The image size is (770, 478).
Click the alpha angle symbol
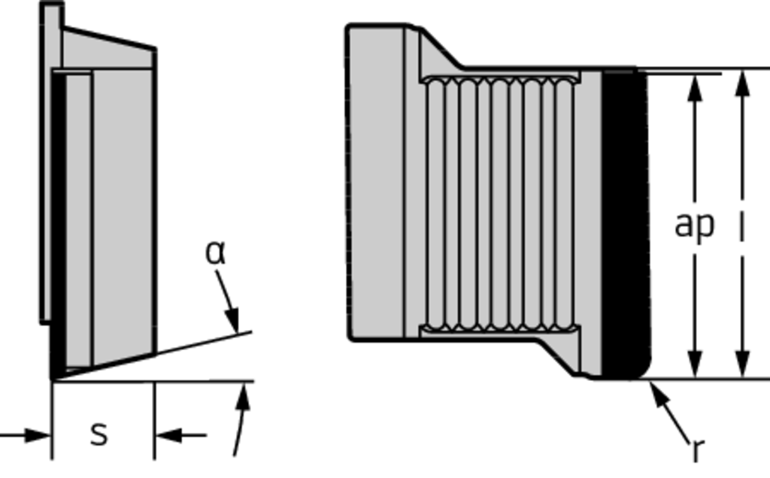(x=215, y=254)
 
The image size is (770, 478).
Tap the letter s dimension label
(x=99, y=434)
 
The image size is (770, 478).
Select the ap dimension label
(x=693, y=224)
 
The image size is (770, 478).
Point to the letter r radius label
(x=698, y=449)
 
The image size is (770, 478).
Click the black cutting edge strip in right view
(x=623, y=225)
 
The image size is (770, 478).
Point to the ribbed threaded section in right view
(x=499, y=203)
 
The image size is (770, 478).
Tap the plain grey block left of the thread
(x=376, y=180)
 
